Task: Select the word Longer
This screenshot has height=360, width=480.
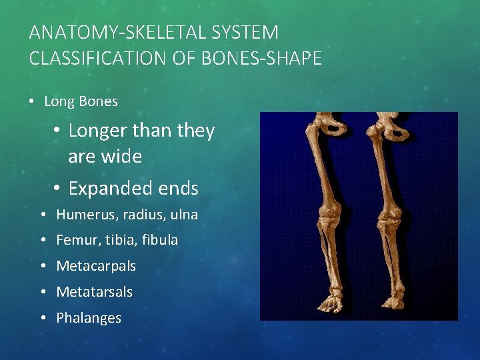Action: pos(97,131)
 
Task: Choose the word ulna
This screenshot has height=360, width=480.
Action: pos(183,215)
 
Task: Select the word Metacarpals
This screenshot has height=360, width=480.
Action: pos(96,266)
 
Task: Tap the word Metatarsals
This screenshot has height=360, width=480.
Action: pos(94,292)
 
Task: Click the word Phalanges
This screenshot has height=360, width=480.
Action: pos(89,318)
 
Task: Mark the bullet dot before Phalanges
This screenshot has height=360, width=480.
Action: pos(42,318)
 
